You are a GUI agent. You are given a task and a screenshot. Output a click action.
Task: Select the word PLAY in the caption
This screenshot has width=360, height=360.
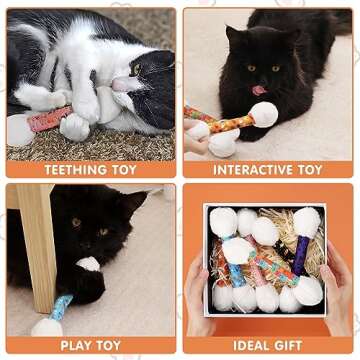77,345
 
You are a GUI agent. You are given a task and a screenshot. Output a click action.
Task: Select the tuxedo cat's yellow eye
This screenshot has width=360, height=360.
135,69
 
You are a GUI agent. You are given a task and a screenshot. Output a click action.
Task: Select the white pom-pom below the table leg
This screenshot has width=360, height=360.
46,326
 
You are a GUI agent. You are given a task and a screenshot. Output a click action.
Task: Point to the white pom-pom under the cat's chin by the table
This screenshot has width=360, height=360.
89,264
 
